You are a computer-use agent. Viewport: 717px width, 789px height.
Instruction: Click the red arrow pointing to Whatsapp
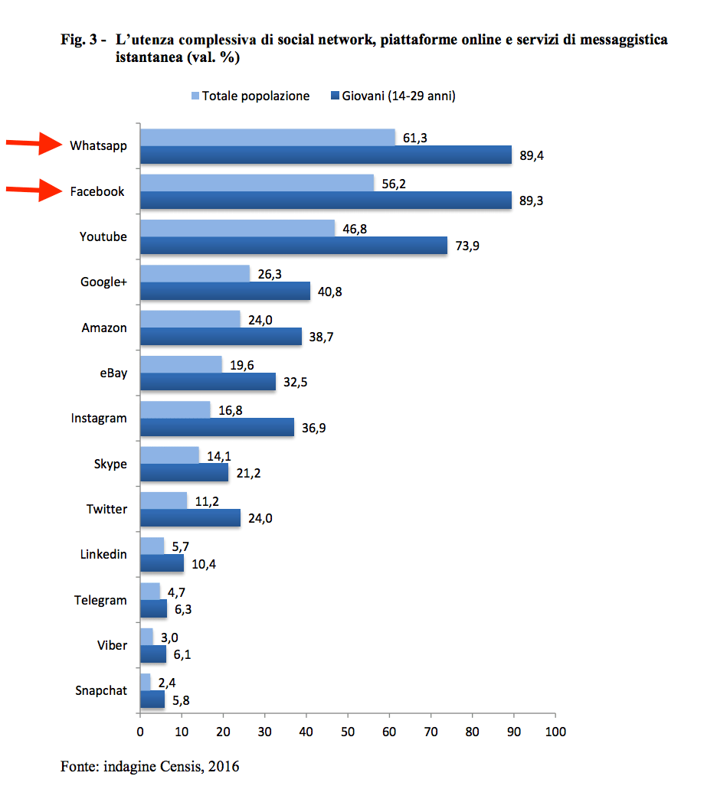[x=34, y=144]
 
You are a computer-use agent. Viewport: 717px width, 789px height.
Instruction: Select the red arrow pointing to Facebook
[x=34, y=191]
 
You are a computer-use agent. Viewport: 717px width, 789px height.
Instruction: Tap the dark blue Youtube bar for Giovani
[x=293, y=246]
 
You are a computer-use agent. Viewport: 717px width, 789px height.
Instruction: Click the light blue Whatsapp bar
[x=267, y=137]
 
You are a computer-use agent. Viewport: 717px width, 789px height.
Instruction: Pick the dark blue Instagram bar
[x=216, y=427]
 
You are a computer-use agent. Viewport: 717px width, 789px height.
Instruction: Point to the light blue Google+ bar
[x=195, y=273]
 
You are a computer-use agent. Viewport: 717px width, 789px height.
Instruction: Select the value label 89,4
[x=531, y=155]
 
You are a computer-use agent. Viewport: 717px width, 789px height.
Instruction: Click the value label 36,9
[x=313, y=428]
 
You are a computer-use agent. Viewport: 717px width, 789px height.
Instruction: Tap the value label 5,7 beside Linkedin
[x=180, y=546]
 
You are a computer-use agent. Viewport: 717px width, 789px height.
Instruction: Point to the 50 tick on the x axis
[x=348, y=731]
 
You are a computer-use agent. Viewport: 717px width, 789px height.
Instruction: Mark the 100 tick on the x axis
[x=555, y=731]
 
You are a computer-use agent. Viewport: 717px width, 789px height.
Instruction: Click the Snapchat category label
[x=100, y=690]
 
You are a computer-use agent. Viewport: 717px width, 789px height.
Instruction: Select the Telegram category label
[x=100, y=600]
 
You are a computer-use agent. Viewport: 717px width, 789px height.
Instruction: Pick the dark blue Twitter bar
[x=190, y=518]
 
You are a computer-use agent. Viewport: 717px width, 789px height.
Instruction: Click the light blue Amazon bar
[x=190, y=319]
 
